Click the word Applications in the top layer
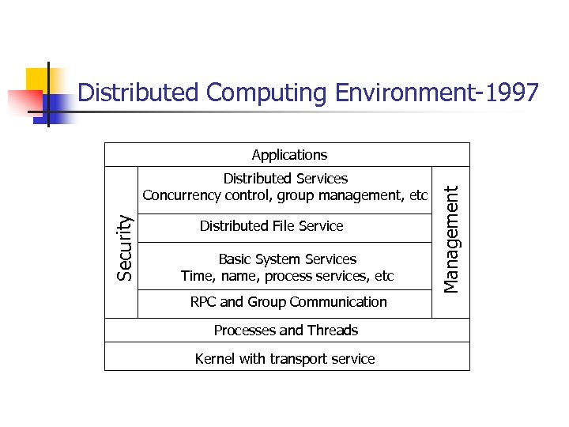[x=289, y=155]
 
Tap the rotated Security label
[x=125, y=248]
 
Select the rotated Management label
[x=450, y=238]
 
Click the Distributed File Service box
[x=271, y=226]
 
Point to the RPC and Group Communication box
[x=288, y=302]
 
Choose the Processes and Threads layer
[x=286, y=331]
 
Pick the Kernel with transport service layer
[x=284, y=359]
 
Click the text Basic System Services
[x=287, y=259]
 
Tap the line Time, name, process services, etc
[x=287, y=276]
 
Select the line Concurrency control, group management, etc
[x=284, y=195]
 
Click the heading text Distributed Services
[x=285, y=179]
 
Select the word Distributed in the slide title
[x=138, y=93]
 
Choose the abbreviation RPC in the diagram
[x=203, y=302]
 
